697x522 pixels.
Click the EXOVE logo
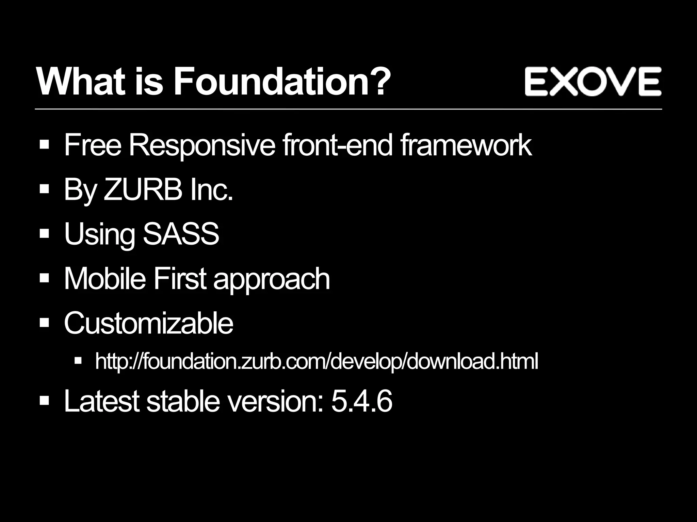(593, 81)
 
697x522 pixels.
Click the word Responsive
(202, 146)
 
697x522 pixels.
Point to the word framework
(466, 145)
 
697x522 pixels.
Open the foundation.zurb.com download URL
(317, 361)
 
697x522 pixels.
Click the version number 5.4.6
(361, 401)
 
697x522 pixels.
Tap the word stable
(183, 401)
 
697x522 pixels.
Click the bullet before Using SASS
(45, 234)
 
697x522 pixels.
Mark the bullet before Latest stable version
(45, 401)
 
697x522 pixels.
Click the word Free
(92, 145)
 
